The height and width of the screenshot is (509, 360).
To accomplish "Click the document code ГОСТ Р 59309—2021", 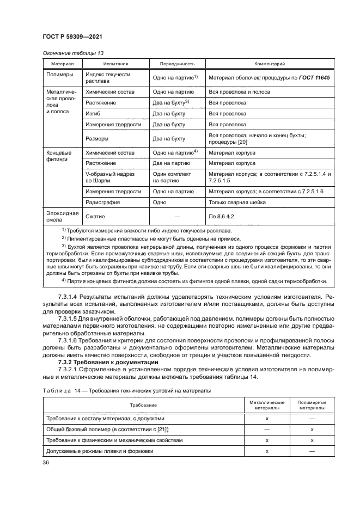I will pos(72,36).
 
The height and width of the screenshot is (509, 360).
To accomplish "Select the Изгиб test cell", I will pos(93,113).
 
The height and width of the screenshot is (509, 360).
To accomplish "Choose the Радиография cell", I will pos(102,202).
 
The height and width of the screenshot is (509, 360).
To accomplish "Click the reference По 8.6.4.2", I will pos(224,216).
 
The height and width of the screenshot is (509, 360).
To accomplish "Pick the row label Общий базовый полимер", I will pos(108,429).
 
